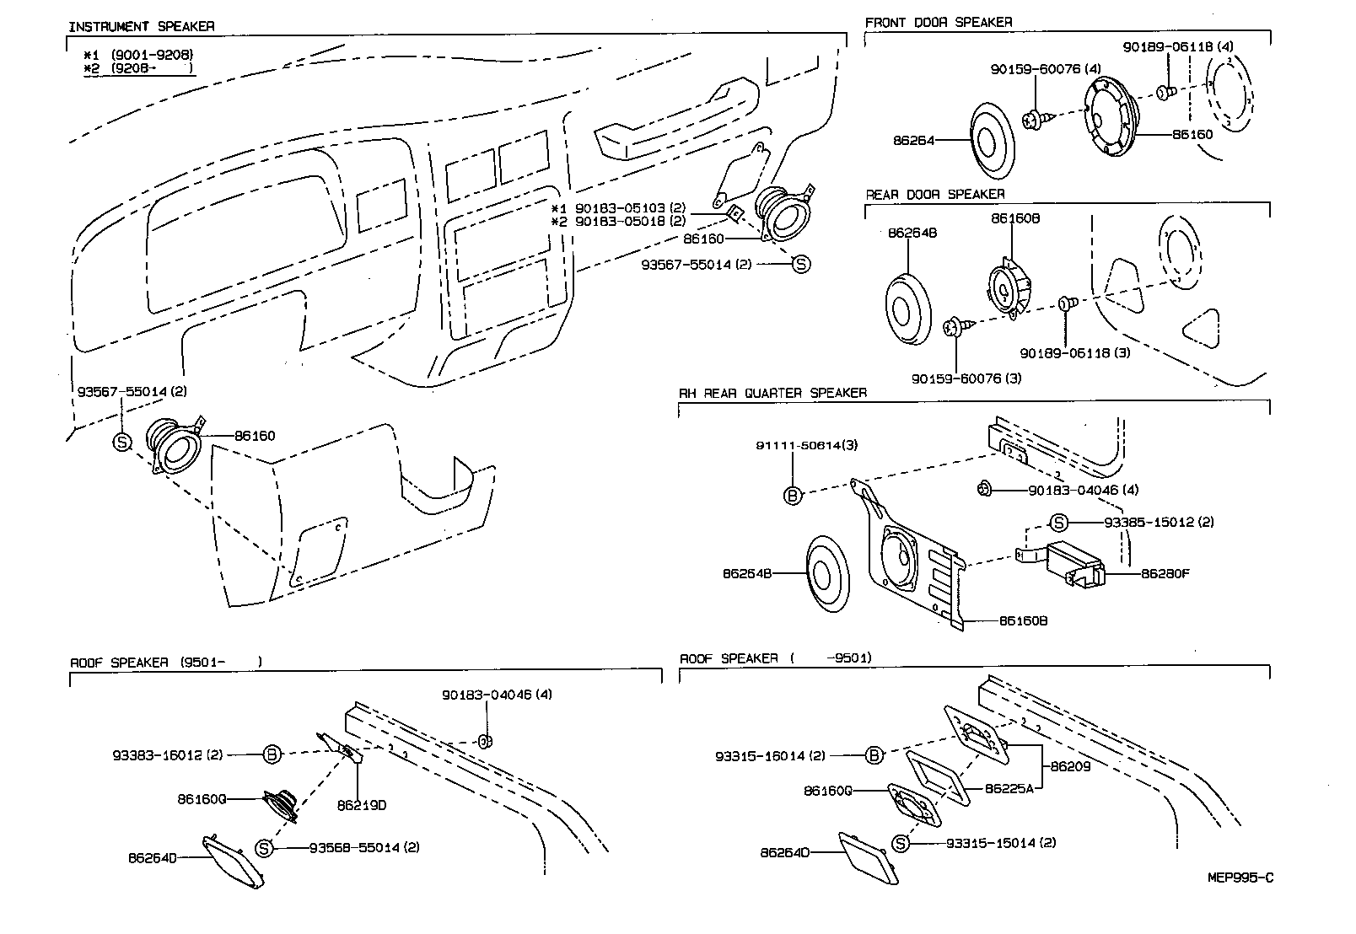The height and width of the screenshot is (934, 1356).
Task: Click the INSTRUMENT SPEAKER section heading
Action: pyautogui.click(x=141, y=26)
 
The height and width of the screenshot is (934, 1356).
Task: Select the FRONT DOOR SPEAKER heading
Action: pyautogui.click(x=939, y=22)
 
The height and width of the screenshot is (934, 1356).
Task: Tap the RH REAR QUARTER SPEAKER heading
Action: pyautogui.click(x=772, y=393)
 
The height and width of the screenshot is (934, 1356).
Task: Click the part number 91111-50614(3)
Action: pyautogui.click(x=806, y=445)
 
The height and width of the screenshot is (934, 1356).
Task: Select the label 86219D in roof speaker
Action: pyautogui.click(x=361, y=805)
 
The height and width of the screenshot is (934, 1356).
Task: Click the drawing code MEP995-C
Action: pyautogui.click(x=1240, y=878)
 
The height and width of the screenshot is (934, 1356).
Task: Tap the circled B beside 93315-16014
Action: pyautogui.click(x=874, y=756)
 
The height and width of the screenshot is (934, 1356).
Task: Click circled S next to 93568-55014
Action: pyautogui.click(x=265, y=848)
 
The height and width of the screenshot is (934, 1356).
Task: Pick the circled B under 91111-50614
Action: pyautogui.click(x=793, y=496)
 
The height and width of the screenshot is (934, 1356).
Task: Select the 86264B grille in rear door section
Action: pyautogui.click(x=908, y=309)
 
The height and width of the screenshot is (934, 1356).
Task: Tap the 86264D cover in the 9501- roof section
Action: pyautogui.click(x=234, y=861)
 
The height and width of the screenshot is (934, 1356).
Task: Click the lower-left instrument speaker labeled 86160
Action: pyautogui.click(x=175, y=444)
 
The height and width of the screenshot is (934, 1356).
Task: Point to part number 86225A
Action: pyautogui.click(x=1009, y=789)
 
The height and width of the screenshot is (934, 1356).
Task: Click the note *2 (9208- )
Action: pyautogui.click(x=138, y=68)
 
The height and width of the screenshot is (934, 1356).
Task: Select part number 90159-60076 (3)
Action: pyautogui.click(x=966, y=378)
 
